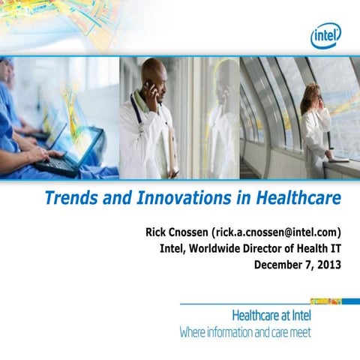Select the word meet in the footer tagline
[x=299, y=331]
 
